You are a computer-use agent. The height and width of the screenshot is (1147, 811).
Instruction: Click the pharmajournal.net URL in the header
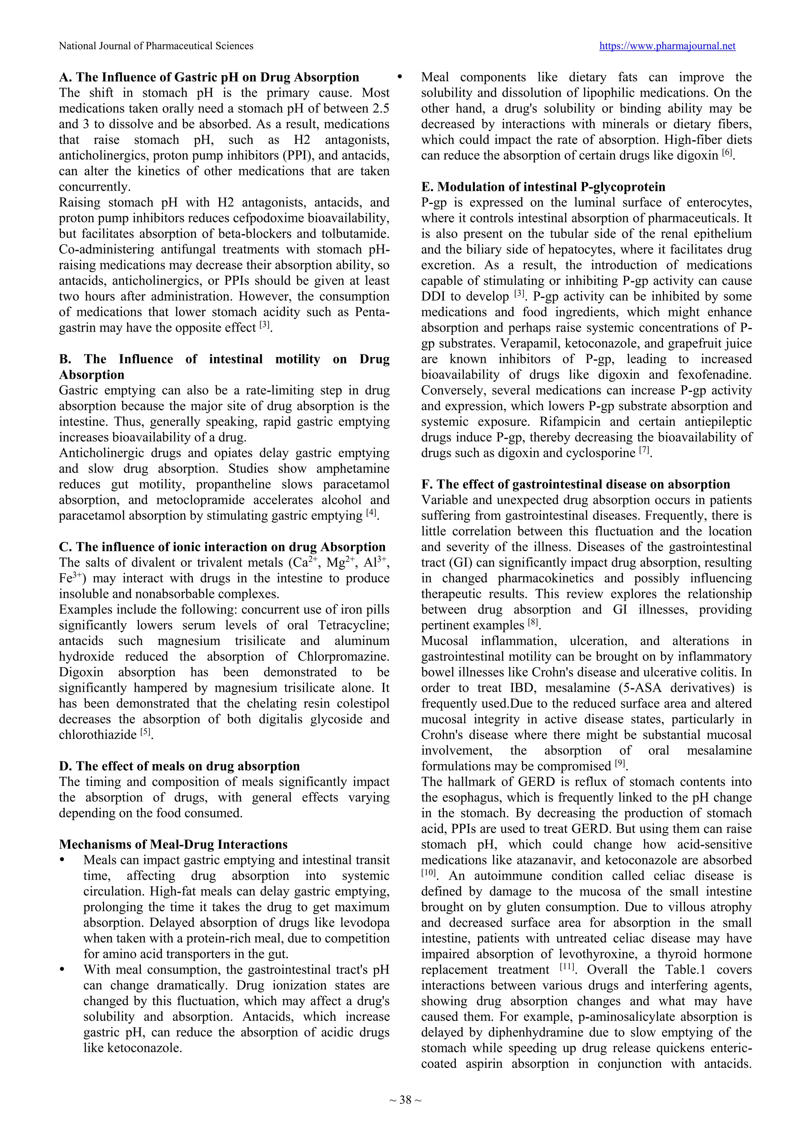coord(667,46)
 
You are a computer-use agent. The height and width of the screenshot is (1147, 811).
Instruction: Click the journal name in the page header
coord(156,46)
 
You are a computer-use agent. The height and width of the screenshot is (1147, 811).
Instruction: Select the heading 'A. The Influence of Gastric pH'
coord(209,77)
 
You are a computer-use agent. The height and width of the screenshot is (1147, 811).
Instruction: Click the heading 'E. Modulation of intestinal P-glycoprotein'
coord(543,187)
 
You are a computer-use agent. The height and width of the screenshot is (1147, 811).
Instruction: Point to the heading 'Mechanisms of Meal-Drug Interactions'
coord(173,844)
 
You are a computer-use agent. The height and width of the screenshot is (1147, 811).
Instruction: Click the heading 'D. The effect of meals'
coord(179,766)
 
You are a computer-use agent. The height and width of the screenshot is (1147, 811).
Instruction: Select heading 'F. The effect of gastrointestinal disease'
coord(575,484)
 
